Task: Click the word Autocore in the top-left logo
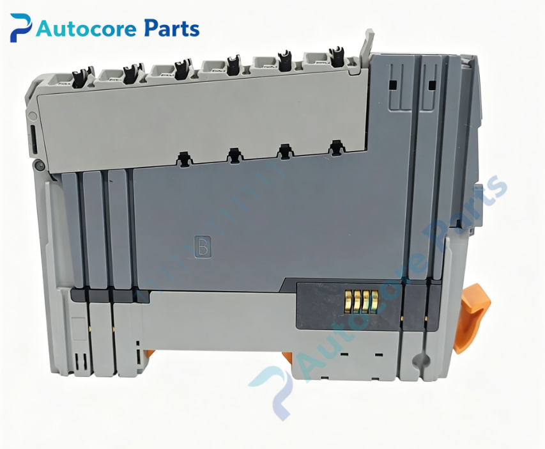coord(86,29)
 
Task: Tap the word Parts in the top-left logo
coord(172,28)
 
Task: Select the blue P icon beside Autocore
coord(20,28)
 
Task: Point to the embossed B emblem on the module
coord(203,247)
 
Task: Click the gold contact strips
coord(361,301)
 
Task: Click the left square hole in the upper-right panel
coord(393,85)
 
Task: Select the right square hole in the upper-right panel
coord(432,85)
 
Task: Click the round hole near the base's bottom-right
coord(420,360)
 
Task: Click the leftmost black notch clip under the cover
coord(184,159)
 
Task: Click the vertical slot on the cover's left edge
coord(33,140)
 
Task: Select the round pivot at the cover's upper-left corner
coord(33,116)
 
